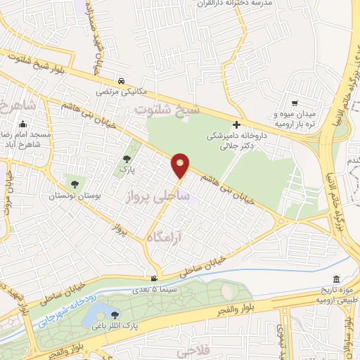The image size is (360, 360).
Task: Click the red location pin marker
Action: click(181, 165)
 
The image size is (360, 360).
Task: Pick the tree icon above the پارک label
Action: click(127, 160)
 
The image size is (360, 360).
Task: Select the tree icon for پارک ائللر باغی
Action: click(115, 313)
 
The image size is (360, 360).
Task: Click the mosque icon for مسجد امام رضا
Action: click(22, 126)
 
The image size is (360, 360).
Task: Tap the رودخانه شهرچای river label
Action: click(62, 309)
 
